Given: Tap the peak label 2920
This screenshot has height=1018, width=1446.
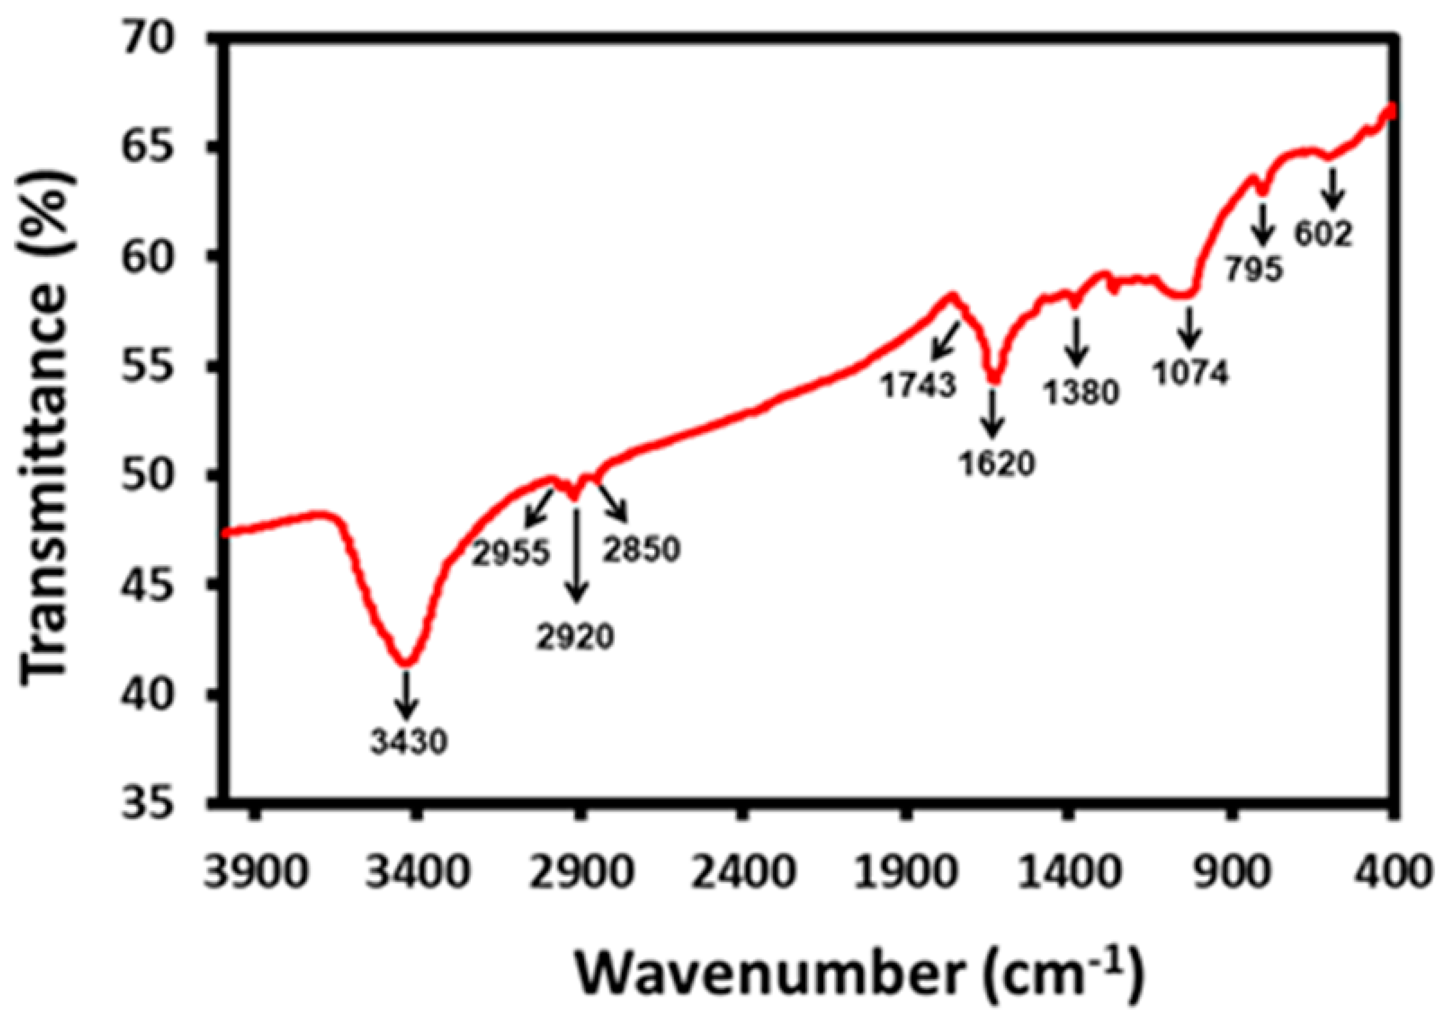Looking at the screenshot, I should pyautogui.click(x=576, y=637).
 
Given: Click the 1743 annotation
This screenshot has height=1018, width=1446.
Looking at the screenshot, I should pyautogui.click(x=918, y=385).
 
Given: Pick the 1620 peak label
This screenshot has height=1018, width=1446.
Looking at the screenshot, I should pyautogui.click(x=997, y=464).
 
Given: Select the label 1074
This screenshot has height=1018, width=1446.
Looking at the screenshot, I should pyautogui.click(x=1190, y=373).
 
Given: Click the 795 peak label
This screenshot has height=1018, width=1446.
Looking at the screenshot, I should pyautogui.click(x=1254, y=269).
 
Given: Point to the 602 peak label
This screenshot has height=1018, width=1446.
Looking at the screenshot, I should pyautogui.click(x=1323, y=235).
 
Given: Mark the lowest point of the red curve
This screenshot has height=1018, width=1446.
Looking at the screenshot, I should pyautogui.click(x=406, y=663).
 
